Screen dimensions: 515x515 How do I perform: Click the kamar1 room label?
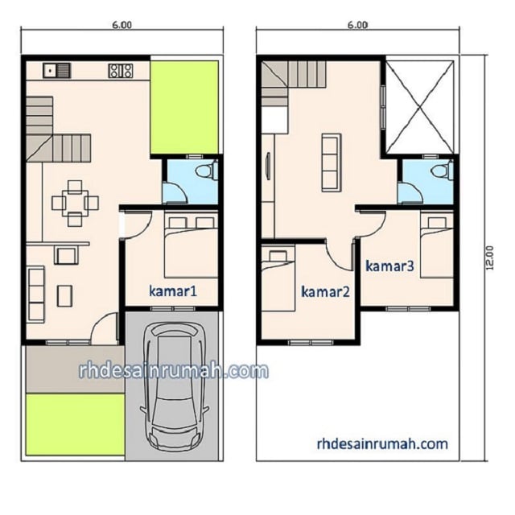173,291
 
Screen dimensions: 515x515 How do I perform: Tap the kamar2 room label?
325,291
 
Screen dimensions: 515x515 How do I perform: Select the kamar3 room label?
389,266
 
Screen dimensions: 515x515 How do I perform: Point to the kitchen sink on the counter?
57,71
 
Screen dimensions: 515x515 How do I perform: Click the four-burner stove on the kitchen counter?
121,71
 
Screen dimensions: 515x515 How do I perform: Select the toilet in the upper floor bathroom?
442,171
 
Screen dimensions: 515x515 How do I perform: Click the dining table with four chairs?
75,204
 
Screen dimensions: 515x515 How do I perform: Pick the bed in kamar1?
191,246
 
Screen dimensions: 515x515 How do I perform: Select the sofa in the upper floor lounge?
331,163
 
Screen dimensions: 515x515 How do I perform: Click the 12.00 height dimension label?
489,257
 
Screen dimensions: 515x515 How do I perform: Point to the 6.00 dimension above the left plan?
122,25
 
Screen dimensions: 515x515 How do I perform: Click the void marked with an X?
419,107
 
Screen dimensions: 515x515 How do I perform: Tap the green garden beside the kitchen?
184,107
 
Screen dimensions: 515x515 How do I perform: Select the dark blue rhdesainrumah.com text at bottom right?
382,443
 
